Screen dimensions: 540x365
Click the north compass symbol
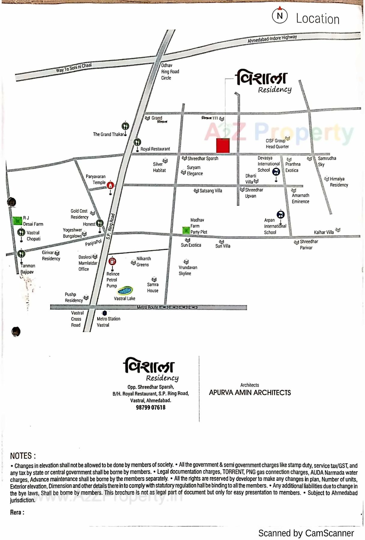280,16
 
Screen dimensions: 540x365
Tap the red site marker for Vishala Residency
223,145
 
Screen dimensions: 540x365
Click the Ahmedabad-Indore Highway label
272,39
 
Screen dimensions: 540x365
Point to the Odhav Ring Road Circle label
170,72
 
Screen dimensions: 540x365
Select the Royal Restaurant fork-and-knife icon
137,142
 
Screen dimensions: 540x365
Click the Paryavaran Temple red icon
110,185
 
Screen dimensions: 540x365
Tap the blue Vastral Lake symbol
125,290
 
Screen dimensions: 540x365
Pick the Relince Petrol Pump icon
112,261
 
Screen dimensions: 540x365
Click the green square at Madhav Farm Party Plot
186,230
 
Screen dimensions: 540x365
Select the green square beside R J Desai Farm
18,221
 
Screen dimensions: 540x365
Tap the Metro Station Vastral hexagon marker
104,313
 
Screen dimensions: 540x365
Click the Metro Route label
147,307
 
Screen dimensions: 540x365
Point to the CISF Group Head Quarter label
277,144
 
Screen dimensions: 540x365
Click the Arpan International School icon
280,214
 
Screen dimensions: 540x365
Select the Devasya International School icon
276,172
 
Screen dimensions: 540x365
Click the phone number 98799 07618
150,407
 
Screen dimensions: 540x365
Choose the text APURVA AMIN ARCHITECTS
250,393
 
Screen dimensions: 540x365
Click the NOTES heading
23,456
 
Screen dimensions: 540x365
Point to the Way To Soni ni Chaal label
74,67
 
